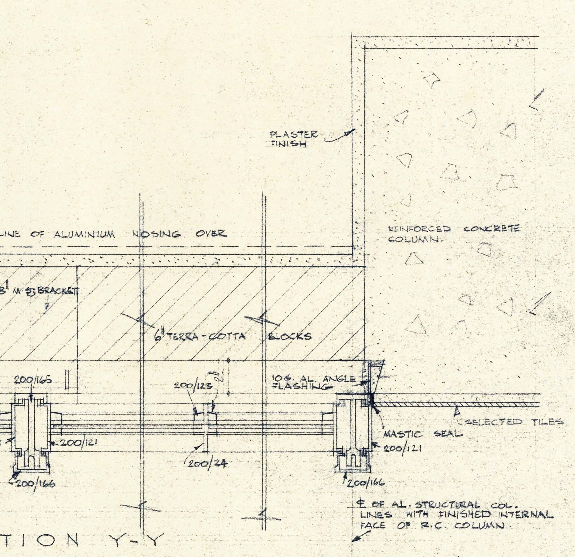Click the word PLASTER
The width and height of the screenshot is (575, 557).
293,135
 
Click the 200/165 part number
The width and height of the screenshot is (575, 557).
33,380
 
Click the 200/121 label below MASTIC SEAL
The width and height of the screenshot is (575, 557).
403,449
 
